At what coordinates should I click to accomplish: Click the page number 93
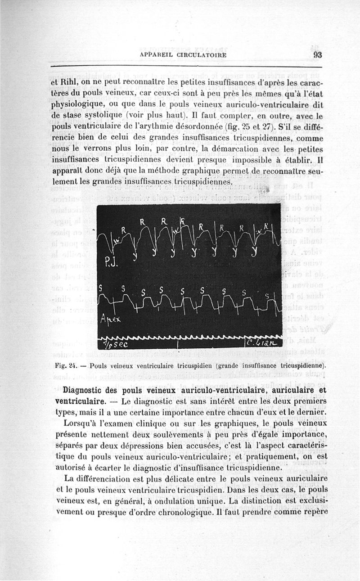[x=317, y=55]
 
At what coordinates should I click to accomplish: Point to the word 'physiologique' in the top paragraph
[x=76, y=105]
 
